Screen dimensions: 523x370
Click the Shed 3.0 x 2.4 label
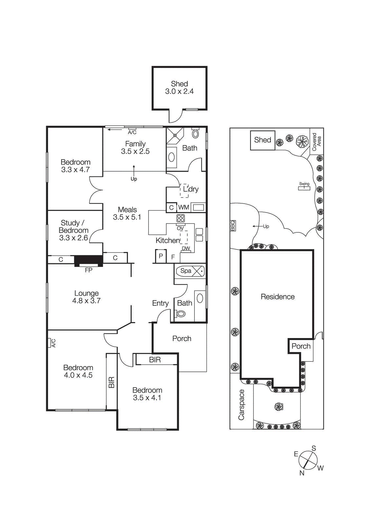pyautogui.click(x=179, y=88)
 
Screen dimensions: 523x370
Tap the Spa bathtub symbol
pyautogui.click(x=190, y=271)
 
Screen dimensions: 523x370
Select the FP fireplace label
pyautogui.click(x=88, y=270)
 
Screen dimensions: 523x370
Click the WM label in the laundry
pyautogui.click(x=183, y=207)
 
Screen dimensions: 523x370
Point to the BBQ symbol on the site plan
pyautogui.click(x=233, y=226)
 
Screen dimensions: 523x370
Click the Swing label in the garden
pyautogui.click(x=304, y=184)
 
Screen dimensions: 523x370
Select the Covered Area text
pyautogui.click(x=316, y=142)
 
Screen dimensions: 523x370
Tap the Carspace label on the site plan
pyautogui.click(x=241, y=405)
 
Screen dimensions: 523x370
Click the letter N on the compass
pyautogui.click(x=302, y=473)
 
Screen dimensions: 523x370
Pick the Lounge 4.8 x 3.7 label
pyautogui.click(x=86, y=297)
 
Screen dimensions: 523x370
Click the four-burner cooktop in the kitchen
pyautogui.click(x=181, y=218)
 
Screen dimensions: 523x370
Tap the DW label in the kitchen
pyautogui.click(x=186, y=248)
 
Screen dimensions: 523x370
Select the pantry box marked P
pyautogui.click(x=161, y=256)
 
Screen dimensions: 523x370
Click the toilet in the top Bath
pyautogui.click(x=195, y=133)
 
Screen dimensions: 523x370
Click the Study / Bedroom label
pyautogui.click(x=73, y=230)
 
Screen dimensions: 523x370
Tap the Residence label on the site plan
pyautogui.click(x=277, y=297)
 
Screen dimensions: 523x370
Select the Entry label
pyautogui.click(x=160, y=303)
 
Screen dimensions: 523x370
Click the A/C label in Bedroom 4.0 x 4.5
pyautogui.click(x=53, y=343)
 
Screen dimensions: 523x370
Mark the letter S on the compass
pyautogui.click(x=314, y=448)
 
